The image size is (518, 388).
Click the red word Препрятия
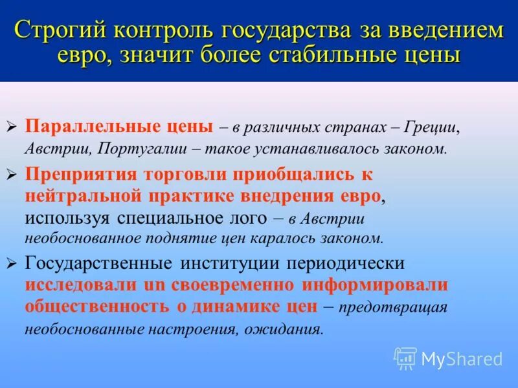[x=81, y=174]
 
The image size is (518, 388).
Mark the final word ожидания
[x=289, y=329]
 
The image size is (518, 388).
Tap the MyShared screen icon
[x=405, y=358]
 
